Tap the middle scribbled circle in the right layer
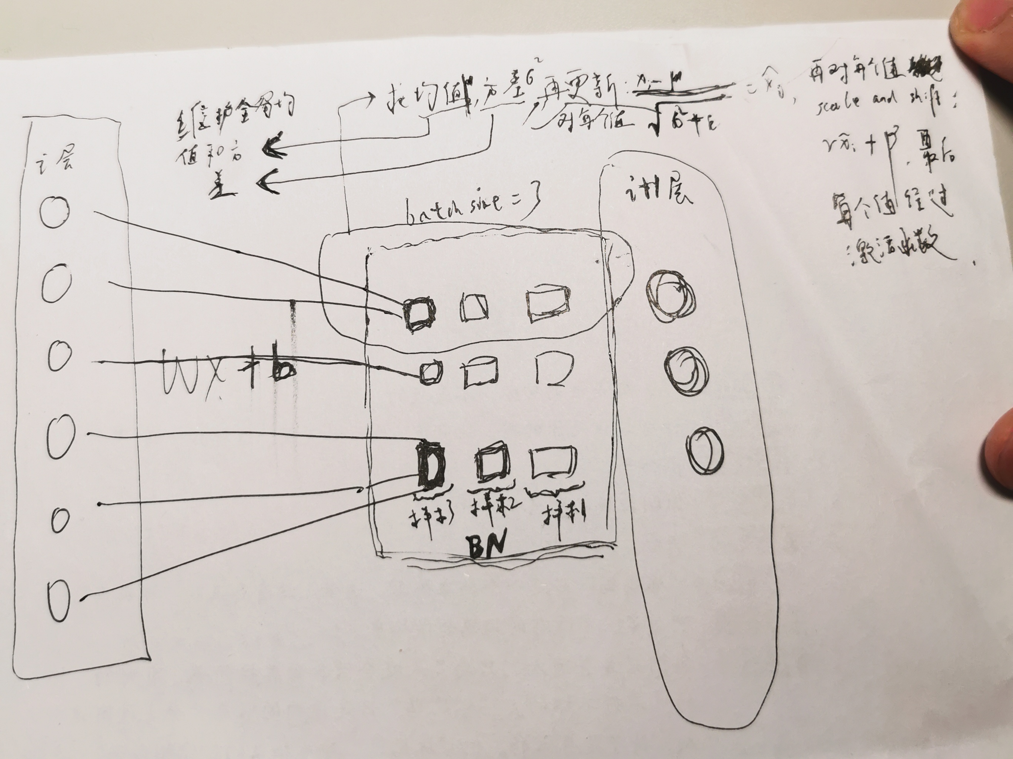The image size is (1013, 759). pos(686,372)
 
